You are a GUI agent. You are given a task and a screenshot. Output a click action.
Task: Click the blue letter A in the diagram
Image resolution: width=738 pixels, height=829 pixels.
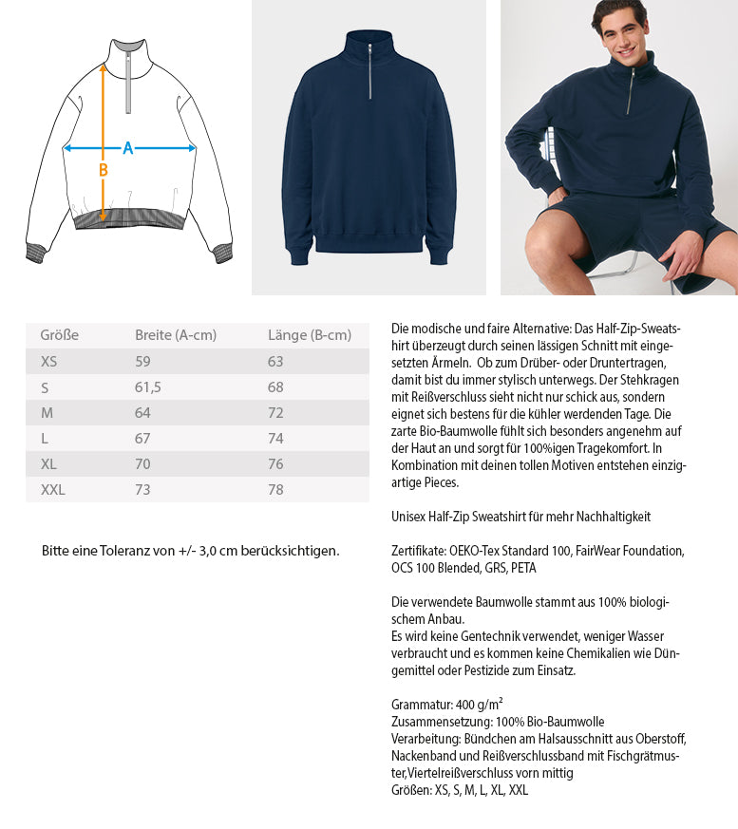128,148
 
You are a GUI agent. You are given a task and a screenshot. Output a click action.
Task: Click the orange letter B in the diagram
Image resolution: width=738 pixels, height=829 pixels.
104,170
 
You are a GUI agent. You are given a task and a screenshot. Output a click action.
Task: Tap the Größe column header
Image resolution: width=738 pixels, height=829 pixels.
59,335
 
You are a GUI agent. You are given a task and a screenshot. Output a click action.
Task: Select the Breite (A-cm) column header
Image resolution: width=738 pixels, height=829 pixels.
176,335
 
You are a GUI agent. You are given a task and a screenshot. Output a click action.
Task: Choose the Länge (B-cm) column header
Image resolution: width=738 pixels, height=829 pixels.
310,335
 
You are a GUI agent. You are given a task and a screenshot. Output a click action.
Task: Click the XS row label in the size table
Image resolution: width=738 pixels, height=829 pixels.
49,362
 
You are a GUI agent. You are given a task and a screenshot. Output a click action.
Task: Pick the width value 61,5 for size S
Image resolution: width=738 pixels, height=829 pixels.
148,387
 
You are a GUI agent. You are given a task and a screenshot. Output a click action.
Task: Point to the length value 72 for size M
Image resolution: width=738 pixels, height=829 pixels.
276,413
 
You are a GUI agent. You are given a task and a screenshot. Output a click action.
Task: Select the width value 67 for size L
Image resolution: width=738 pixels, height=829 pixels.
143,439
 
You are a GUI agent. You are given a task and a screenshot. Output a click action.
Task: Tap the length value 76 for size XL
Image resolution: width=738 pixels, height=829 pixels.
276,464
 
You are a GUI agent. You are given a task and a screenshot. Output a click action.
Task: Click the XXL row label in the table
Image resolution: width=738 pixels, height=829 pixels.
53,490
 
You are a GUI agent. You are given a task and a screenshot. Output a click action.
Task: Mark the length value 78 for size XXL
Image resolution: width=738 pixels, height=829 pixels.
276,490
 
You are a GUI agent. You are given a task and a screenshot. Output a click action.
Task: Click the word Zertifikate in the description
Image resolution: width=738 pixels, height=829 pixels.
417,551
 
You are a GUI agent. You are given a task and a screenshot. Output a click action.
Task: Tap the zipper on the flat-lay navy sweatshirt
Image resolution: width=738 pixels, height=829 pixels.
369,72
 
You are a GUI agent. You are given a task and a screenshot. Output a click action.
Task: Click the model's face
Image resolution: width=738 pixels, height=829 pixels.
623,28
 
